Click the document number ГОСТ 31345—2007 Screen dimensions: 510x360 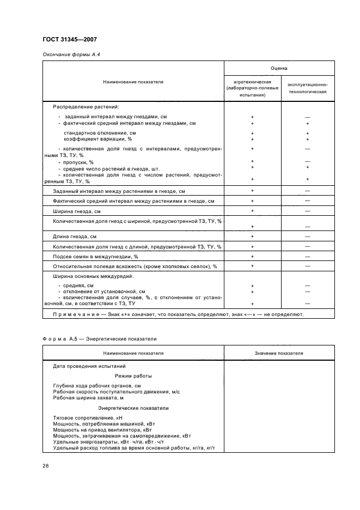click(69, 39)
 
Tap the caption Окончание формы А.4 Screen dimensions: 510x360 click(71, 54)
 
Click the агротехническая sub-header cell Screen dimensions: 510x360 click(252, 88)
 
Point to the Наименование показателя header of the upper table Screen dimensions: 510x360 click(133, 82)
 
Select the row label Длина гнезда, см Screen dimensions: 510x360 click(75, 236)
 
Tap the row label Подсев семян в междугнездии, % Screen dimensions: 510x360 click(95, 256)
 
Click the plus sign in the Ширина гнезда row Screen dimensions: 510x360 click(252, 210)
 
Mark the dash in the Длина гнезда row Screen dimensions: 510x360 click(308, 236)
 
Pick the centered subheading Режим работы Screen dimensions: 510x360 click(133, 376)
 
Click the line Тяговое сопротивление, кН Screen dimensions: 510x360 click(84, 417)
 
